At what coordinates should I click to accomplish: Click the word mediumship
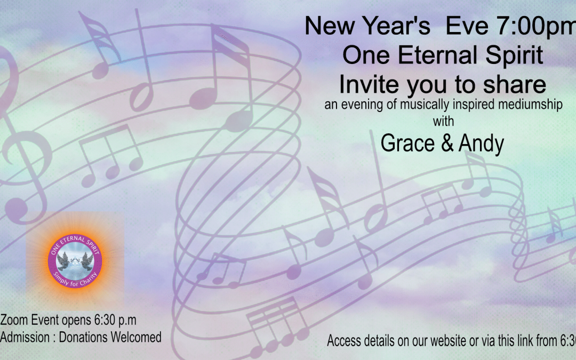(x=527, y=105)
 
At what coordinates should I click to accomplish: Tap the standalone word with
(x=443, y=121)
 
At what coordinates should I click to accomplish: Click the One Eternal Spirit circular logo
(x=75, y=261)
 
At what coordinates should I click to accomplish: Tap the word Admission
(x=25, y=337)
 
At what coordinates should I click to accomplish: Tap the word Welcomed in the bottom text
(x=137, y=337)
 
